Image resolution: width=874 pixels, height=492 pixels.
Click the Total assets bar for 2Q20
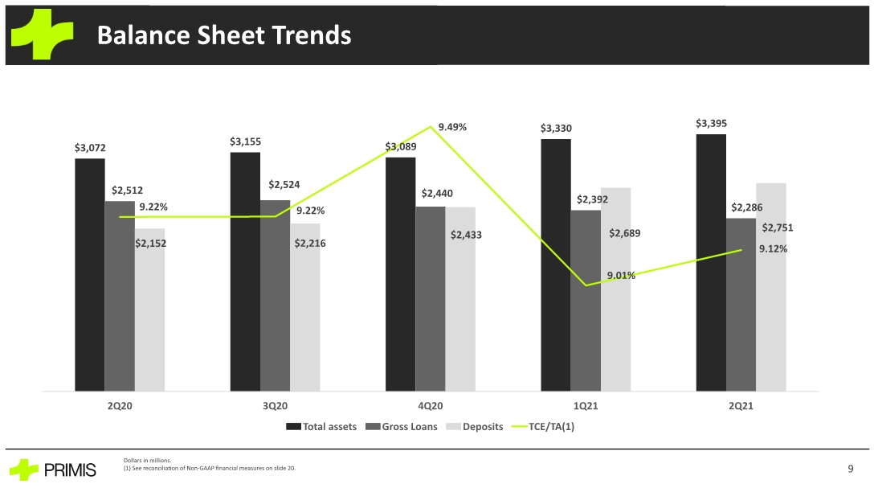coord(90,274)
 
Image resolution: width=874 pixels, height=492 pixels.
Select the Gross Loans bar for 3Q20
coord(275,296)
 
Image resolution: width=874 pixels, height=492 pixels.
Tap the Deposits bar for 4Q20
coord(460,299)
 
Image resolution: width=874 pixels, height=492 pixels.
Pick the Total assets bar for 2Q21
coord(711,263)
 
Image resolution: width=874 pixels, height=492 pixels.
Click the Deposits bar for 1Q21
coord(615,289)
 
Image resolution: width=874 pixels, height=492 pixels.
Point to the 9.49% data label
coord(452,127)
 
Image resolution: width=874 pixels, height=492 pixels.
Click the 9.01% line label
coord(621,275)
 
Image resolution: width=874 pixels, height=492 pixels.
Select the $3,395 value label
coord(711,123)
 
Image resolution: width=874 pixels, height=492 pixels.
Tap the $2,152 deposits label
coord(150,244)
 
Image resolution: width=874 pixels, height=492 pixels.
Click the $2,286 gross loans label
coord(746,207)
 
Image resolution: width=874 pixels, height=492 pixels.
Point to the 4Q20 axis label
coord(431,405)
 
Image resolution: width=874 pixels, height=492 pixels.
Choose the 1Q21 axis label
coord(586,405)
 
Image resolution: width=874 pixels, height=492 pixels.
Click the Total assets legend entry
coord(321,427)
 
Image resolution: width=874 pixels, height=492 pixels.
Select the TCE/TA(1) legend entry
coord(543,427)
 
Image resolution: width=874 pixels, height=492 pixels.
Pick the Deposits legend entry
coord(475,427)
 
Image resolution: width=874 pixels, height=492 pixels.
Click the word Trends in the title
coord(311,35)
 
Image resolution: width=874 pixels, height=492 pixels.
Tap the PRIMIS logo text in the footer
coord(70,470)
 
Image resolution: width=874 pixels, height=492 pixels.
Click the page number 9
coord(851,469)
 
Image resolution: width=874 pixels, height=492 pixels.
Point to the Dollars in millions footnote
coord(147,461)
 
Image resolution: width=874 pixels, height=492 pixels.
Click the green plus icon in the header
coord(43,34)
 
